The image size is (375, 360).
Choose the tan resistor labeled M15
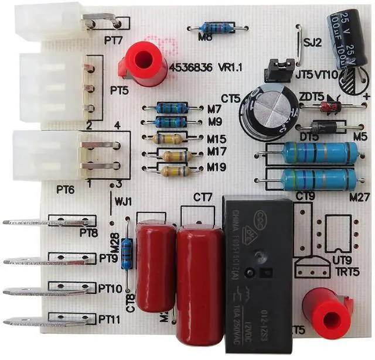pyautogui.click(x=170, y=139)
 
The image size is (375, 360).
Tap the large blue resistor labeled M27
pyautogui.click(x=320, y=179)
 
